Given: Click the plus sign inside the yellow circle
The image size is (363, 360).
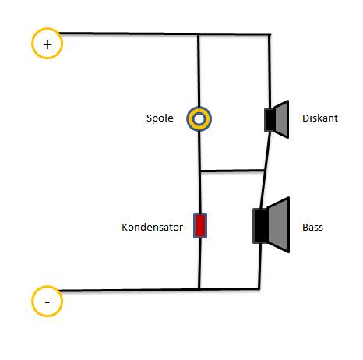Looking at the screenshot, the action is pos(48,44).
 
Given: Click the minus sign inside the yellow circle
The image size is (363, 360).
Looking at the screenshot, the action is pos(48,302).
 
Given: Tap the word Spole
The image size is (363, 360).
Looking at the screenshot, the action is pos(160,118).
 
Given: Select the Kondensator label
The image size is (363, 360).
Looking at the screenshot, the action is pos(152,227).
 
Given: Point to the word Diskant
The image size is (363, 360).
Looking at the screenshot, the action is pos(320,118).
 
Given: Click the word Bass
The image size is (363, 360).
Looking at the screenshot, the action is pos(312,228).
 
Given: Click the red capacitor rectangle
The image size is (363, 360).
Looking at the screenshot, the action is pos(200,225).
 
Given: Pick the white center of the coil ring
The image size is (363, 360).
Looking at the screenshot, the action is pos(199,119).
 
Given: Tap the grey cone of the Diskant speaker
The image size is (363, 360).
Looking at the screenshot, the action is pos(282,119).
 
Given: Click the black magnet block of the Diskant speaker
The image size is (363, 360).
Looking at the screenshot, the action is pos(270,120).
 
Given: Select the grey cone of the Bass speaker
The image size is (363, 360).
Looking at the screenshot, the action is pos(279,225).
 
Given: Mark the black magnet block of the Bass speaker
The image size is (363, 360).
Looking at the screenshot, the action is pos(260,226).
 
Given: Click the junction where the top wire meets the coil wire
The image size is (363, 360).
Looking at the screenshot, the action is pos(199,34).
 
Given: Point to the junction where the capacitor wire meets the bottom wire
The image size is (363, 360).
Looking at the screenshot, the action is pos(199,289).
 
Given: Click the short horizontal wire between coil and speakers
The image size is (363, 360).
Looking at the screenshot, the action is pos(233,171).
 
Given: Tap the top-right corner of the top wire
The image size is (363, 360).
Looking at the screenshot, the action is pos(270,34).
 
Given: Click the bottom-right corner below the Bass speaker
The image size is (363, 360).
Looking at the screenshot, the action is pos(259,288).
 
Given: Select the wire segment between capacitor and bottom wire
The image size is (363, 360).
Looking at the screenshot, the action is pos(199,263).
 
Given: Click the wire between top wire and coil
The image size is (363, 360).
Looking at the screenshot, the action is pos(199,71).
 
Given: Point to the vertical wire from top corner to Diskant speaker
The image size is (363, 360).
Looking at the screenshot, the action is pos(270,71).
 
